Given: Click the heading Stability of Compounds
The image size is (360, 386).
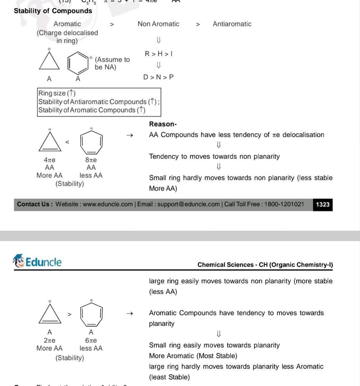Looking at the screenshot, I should pyautogui.click(x=53, y=11).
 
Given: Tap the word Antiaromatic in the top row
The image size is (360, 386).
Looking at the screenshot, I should pyautogui.click(x=232, y=24).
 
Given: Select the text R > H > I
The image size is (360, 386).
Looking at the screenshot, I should pyautogui.click(x=159, y=54).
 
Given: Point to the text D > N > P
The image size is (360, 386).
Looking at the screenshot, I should pyautogui.click(x=159, y=77).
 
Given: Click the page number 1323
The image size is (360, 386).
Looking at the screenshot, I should pyautogui.click(x=323, y=204).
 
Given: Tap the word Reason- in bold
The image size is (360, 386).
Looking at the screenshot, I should pyautogui.click(x=163, y=124).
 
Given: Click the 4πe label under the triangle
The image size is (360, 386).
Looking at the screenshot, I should pyautogui.click(x=50, y=160).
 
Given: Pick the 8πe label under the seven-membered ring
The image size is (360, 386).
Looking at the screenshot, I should pyautogui.click(x=91, y=160).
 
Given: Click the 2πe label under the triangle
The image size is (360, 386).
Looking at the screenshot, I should pyautogui.click(x=50, y=340).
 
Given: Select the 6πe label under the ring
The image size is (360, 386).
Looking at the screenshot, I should pyautogui.click(x=91, y=340).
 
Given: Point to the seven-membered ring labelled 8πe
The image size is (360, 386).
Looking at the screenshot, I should pyautogui.click(x=91, y=143).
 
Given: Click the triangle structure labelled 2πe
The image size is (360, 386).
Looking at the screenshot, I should pyautogui.click(x=50, y=315).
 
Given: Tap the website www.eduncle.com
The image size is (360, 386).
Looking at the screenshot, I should pyautogui.click(x=108, y=204).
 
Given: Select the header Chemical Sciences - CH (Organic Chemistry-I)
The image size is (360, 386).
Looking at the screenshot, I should pyautogui.click(x=265, y=265).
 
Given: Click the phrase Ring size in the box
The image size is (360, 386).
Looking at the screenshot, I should pyautogui.click(x=52, y=93).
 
